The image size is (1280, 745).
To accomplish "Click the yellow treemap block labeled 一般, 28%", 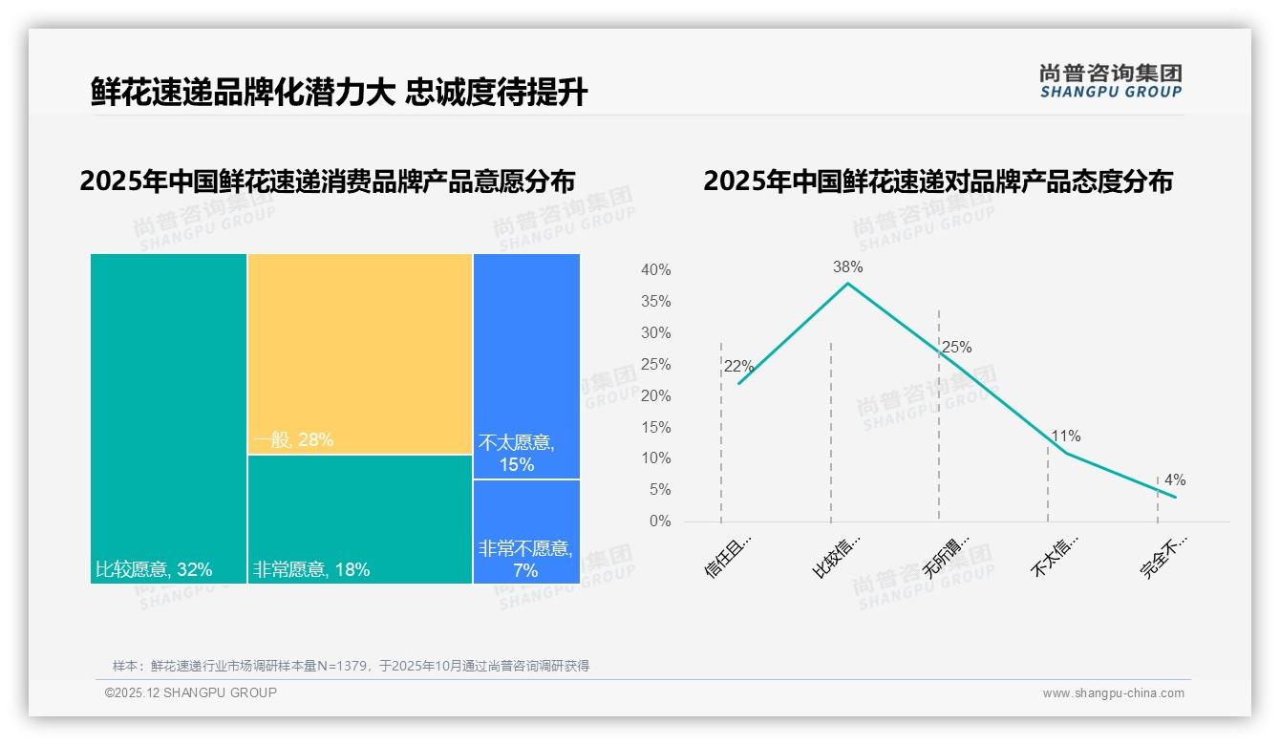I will tap(360, 353).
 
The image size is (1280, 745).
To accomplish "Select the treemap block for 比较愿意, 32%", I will tap(169, 417).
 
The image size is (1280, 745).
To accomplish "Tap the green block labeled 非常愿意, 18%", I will tap(360, 519).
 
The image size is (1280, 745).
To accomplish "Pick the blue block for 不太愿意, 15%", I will tap(526, 366).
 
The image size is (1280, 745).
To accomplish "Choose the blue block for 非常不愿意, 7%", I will tap(526, 531).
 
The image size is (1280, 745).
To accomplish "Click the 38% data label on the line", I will tap(847, 267).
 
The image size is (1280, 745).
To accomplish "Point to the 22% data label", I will tap(738, 367).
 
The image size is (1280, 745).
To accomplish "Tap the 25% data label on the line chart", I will tap(956, 348).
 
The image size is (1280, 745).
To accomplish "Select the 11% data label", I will tap(1065, 436).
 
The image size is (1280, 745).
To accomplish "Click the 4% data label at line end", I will tap(1174, 480).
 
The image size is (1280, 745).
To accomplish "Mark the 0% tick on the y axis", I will tap(660, 521).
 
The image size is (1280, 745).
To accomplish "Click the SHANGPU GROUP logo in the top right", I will tap(1110, 81).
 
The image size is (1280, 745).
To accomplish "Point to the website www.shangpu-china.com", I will tap(1113, 693).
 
